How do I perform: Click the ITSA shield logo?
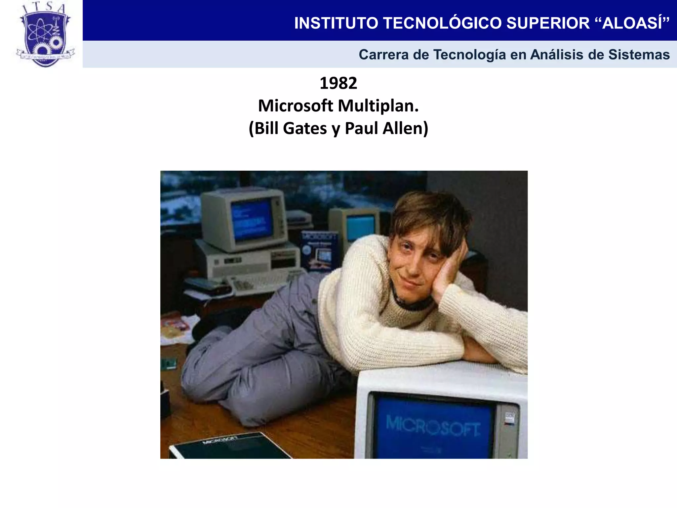(x=45, y=35)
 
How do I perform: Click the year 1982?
(x=338, y=83)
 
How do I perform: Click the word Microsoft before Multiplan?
(x=296, y=106)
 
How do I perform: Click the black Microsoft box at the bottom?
(x=228, y=446)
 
